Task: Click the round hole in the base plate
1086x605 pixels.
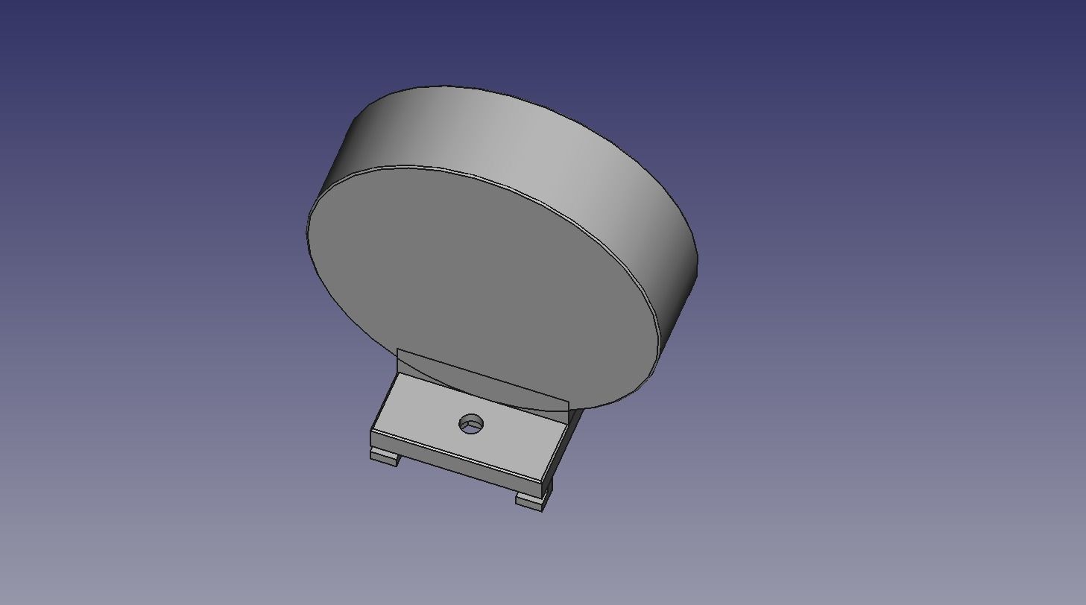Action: pyautogui.click(x=471, y=425)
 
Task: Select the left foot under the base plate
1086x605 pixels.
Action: pyautogui.click(x=384, y=457)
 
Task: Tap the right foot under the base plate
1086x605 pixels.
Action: pyautogui.click(x=530, y=501)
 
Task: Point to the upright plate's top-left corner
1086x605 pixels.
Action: pyautogui.click(x=398, y=349)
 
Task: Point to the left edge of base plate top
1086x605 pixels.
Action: pyautogui.click(x=385, y=402)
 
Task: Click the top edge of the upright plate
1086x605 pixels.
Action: pyautogui.click(x=484, y=376)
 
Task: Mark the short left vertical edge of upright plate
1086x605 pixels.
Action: pyautogui.click(x=398, y=361)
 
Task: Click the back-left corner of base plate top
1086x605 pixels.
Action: pyautogui.click(x=398, y=374)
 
